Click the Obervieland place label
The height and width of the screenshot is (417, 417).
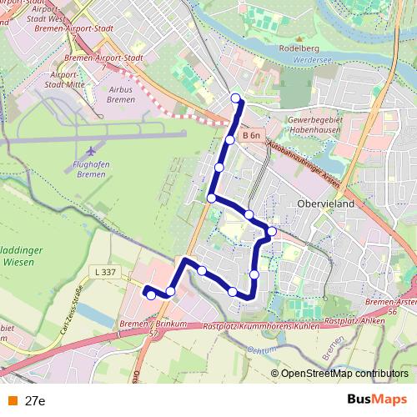pos(321,203)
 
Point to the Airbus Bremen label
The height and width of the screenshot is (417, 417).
pos(122,93)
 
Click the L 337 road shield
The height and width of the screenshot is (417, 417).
pos(105,272)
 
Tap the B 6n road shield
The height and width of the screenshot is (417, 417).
pos(252,135)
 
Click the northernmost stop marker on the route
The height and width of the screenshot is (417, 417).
pos(235,98)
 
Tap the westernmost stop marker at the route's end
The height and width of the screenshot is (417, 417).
pos(150,294)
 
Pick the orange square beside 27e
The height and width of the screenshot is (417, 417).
pos(11,400)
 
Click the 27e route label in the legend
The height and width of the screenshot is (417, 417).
pos(34,400)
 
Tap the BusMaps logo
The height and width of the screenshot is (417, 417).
pos(378,399)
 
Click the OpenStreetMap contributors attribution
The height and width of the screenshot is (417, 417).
pos(344,374)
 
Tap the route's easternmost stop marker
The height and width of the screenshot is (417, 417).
pos(271,230)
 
